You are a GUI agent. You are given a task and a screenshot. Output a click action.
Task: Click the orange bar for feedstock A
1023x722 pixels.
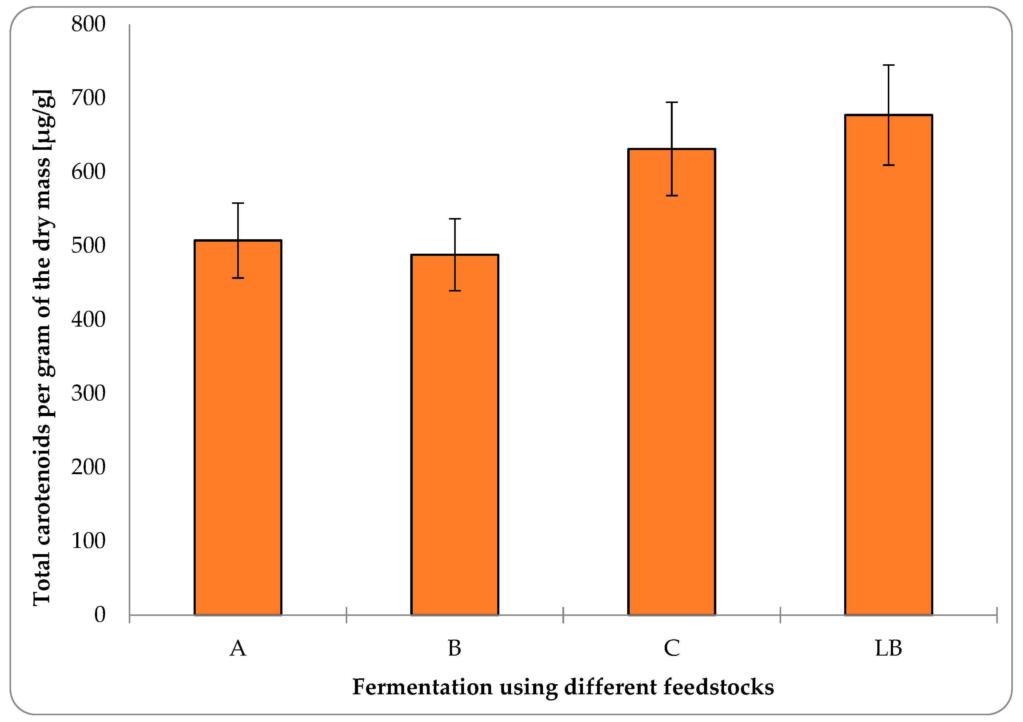click(238, 428)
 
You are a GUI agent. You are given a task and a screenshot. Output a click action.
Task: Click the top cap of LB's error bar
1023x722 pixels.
click(888, 65)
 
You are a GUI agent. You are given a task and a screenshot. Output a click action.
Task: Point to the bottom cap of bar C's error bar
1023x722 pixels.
click(671, 195)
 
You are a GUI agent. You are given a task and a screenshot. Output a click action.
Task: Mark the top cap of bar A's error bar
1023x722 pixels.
click(238, 203)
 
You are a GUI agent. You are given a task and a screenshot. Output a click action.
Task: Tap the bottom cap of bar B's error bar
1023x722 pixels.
click(454, 291)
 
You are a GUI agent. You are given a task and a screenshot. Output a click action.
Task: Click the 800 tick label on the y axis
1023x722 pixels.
click(88, 25)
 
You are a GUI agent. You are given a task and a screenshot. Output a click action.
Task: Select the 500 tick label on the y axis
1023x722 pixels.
click(88, 246)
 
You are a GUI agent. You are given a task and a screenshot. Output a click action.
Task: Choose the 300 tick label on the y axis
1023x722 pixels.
click(88, 393)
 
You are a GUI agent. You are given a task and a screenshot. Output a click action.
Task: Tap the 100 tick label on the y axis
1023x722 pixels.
click(88, 541)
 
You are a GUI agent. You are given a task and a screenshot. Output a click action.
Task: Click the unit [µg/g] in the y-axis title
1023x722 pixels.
click(43, 121)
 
